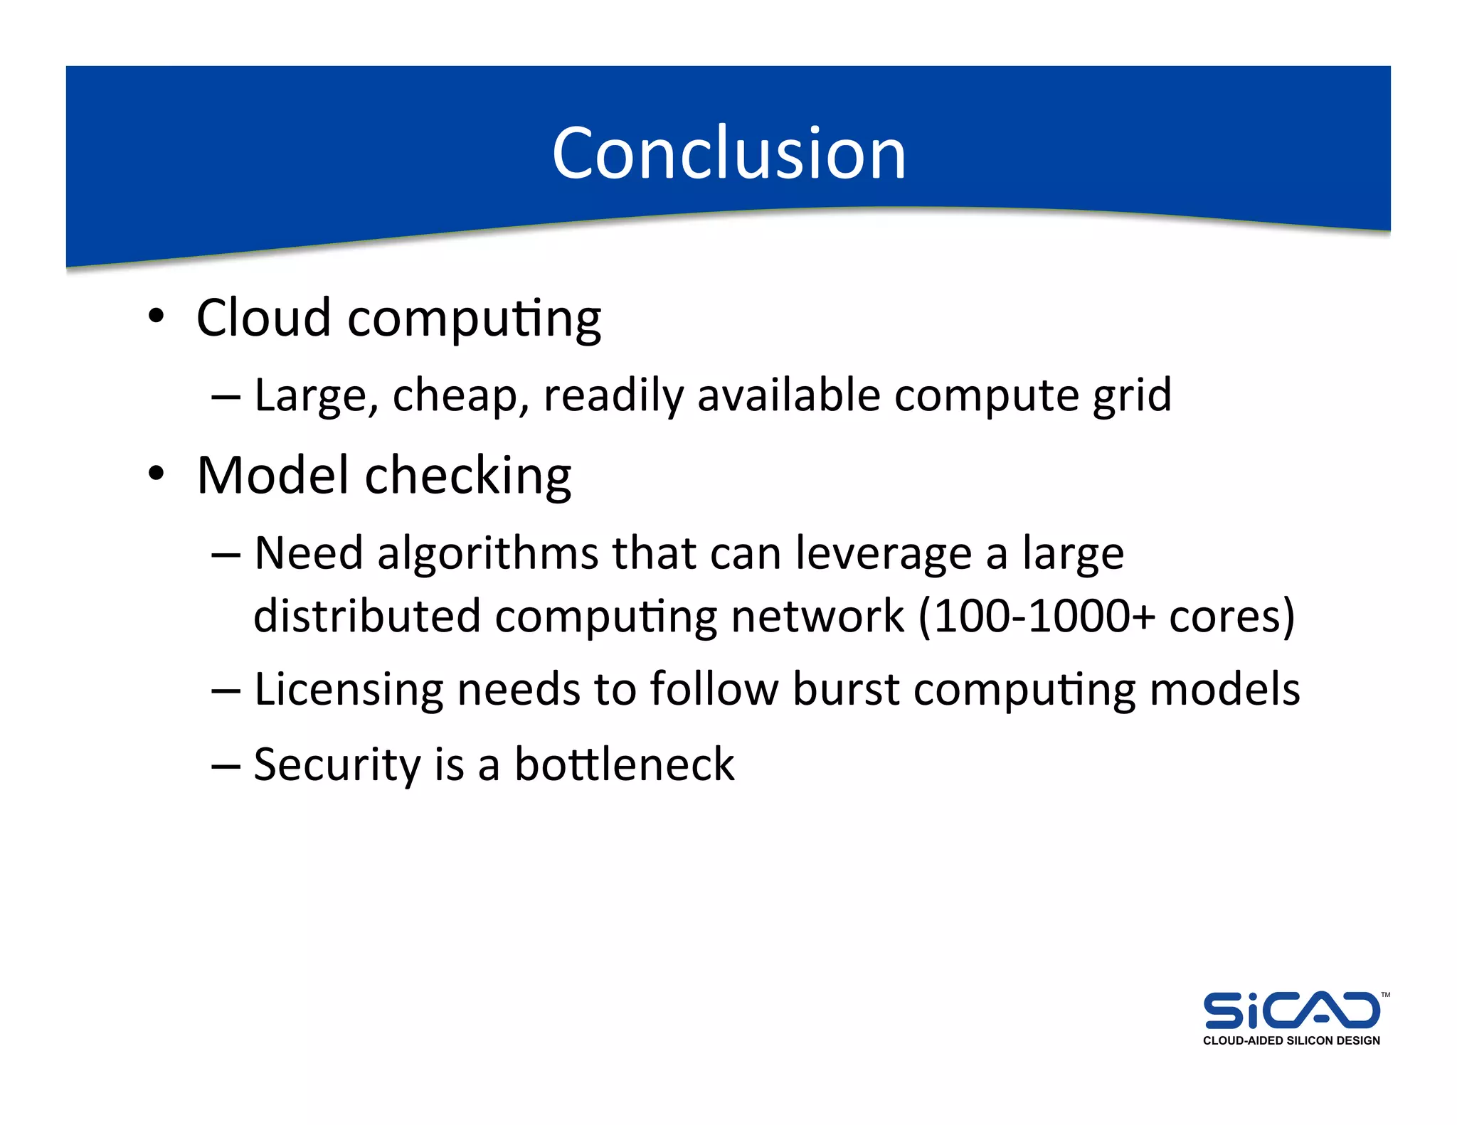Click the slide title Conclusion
[728, 153]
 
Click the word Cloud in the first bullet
[263, 318]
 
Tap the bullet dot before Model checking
[157, 473]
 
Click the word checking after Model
[467, 476]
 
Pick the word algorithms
[488, 553]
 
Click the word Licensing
[348, 690]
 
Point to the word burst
[846, 689]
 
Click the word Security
[337, 766]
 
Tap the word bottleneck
[624, 765]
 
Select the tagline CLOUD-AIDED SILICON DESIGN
[1291, 1041]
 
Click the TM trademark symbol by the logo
[1385, 995]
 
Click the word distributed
[366, 616]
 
